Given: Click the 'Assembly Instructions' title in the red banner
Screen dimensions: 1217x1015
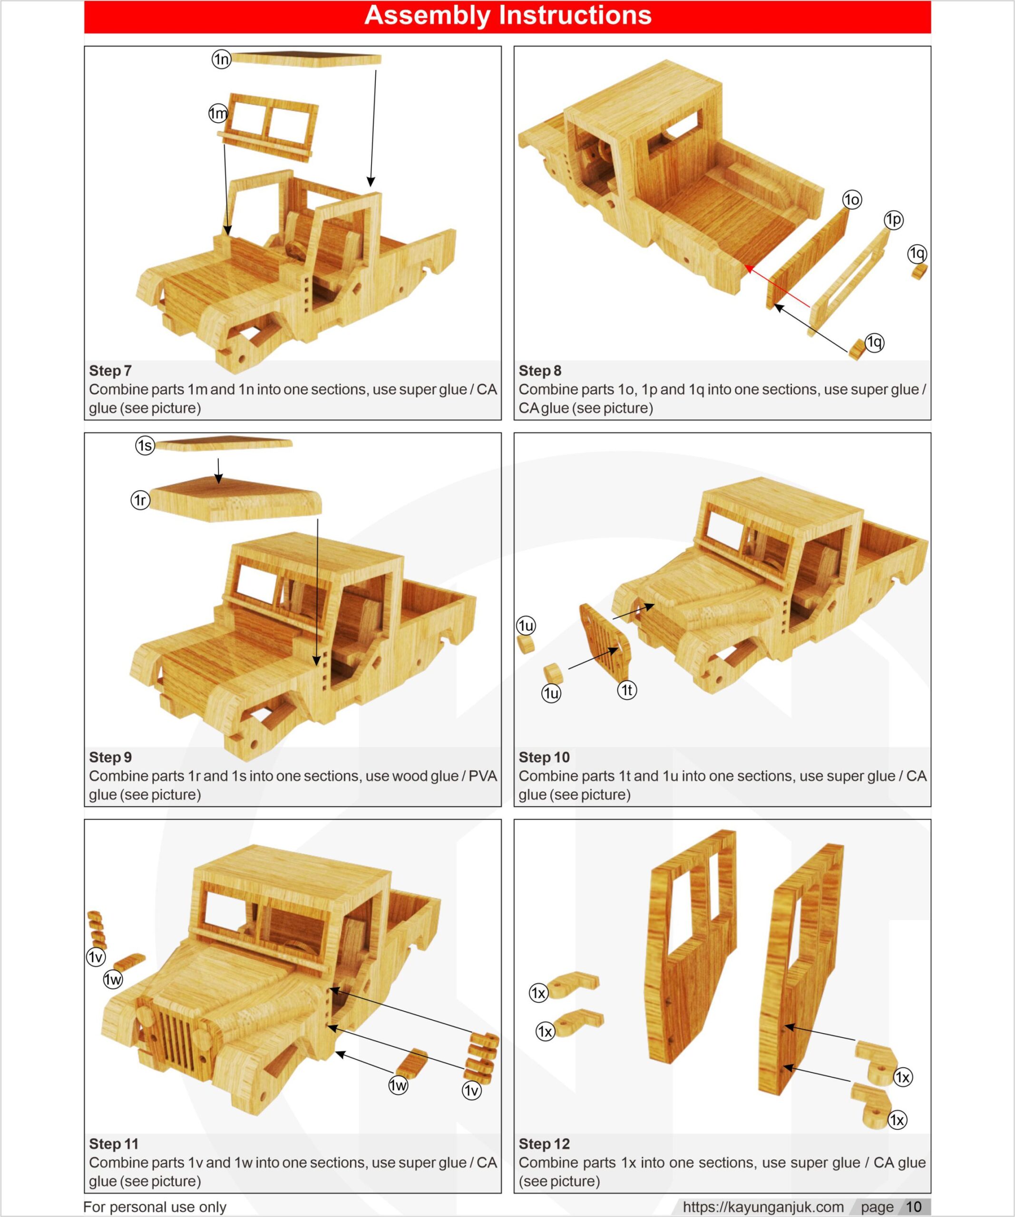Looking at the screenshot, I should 507,16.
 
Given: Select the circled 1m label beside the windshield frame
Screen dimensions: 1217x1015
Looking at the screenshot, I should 218,114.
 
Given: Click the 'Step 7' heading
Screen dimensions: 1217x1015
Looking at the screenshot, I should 110,370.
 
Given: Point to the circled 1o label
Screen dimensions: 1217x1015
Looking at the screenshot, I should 851,200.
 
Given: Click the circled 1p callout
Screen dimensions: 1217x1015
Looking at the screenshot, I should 893,220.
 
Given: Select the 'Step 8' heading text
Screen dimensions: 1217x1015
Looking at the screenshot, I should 540,370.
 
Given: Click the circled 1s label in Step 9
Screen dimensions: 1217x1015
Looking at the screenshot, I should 145,445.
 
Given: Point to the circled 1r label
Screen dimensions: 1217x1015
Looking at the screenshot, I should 140,500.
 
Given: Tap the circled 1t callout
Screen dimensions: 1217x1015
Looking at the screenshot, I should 626,690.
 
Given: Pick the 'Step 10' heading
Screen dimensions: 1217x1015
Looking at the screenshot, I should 544,757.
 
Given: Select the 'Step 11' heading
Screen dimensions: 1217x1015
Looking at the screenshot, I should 114,1143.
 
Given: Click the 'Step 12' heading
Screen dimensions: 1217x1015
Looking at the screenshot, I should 544,1143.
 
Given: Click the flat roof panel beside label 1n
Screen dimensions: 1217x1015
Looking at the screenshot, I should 307,59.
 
